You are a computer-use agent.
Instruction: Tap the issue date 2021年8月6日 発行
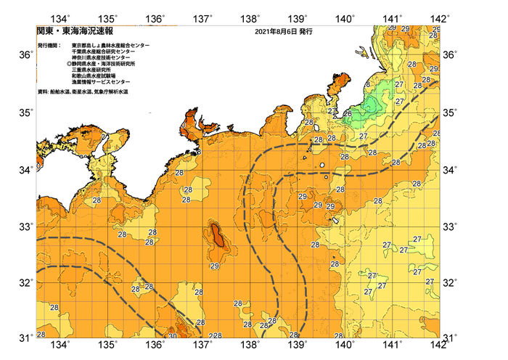pos(284,32)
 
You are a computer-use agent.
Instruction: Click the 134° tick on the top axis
pos(62,17)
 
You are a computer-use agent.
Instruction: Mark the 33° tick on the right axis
pos(450,226)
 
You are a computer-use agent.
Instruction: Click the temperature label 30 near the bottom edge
pos(172,336)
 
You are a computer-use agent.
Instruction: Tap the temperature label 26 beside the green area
pos(348,113)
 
